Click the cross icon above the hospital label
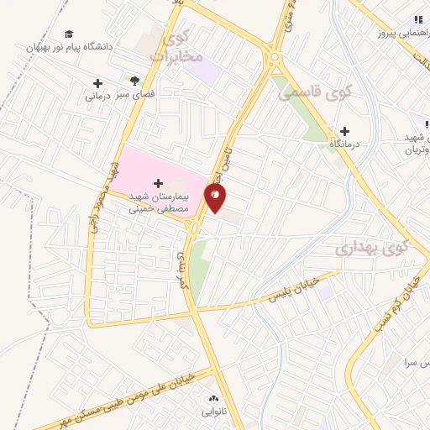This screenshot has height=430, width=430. pyautogui.click(x=158, y=182)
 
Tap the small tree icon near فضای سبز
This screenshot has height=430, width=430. pyautogui.click(x=134, y=80)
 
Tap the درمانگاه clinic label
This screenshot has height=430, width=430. pyautogui.click(x=344, y=144)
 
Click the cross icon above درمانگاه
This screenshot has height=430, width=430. pyautogui.click(x=344, y=131)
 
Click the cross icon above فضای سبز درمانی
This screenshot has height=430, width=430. pyautogui.click(x=97, y=83)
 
